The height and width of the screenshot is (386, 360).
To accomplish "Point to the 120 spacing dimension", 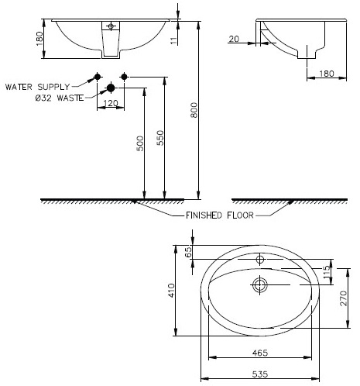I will click(x=111, y=102).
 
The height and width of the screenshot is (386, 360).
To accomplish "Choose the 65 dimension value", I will click(x=187, y=252).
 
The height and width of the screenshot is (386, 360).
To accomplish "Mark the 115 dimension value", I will click(x=327, y=271).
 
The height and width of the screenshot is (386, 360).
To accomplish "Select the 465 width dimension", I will click(x=259, y=353).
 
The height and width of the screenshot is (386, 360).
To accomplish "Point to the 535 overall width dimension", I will click(x=259, y=374).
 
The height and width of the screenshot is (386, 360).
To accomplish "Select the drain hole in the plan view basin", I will click(x=259, y=286).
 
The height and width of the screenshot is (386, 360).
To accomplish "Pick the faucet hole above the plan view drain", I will click(x=259, y=259).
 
